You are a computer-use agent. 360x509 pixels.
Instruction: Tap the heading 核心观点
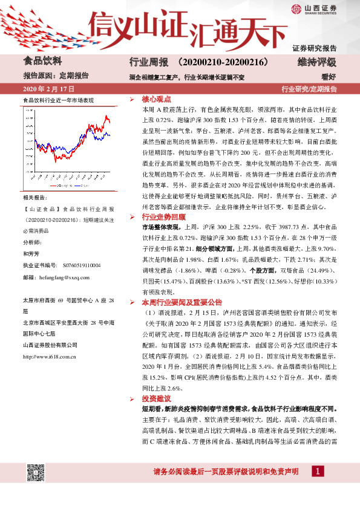157,99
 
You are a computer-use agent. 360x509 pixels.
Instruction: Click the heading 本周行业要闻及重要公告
182,302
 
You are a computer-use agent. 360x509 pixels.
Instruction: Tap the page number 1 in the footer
316,472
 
